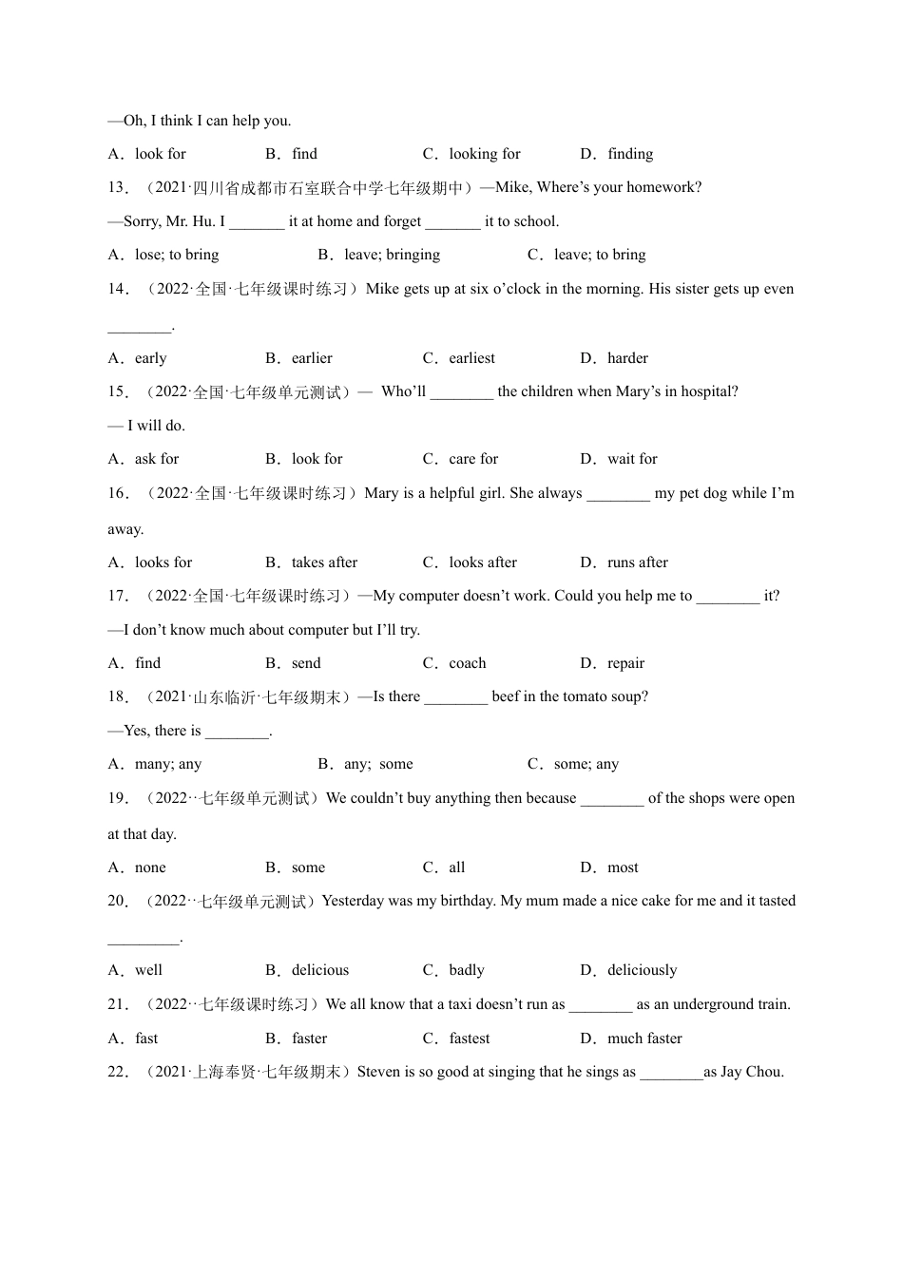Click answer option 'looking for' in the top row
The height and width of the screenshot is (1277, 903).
[484, 154]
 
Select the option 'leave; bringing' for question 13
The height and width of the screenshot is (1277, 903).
[392, 255]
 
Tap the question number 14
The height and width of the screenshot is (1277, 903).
[118, 289]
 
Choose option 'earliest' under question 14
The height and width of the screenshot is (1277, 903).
[471, 358]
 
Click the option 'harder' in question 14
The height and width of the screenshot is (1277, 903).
[627, 358]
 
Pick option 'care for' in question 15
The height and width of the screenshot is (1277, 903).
[473, 459]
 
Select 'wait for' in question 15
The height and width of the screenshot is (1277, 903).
[632, 459]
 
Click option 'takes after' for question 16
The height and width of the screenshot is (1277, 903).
[324, 562]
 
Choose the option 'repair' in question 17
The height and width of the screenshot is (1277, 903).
[625, 663]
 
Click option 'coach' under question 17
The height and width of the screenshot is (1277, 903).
[467, 663]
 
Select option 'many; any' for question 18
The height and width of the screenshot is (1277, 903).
[168, 764]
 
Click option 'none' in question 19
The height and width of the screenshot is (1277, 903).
[150, 867]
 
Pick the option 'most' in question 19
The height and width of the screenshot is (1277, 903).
[623, 867]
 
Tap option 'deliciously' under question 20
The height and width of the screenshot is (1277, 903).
[642, 970]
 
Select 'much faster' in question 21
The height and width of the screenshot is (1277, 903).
[644, 1039]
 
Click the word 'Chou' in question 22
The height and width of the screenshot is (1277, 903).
[764, 1072]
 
